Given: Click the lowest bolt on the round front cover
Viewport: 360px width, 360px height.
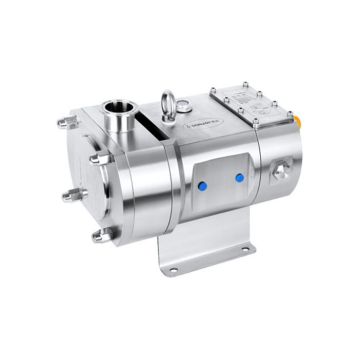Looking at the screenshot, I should [99, 237].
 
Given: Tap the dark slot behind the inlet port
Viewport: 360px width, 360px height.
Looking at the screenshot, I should [150, 124].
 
